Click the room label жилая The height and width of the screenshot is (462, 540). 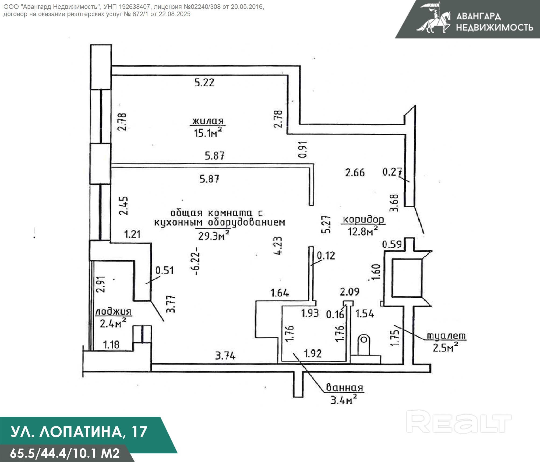coord(208,121)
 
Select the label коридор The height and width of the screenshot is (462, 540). coord(363,220)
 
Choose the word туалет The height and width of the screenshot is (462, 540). coord(446,336)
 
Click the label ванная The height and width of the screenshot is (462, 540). coord(344,388)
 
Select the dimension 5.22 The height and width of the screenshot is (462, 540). coord(204,83)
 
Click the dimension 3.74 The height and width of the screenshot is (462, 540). coord(225,356)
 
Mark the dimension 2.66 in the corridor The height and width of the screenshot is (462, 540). coord(355,173)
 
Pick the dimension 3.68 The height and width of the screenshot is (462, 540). coord(395,203)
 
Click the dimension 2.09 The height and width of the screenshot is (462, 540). coord(350,292)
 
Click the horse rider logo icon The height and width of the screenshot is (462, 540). coord(433,18)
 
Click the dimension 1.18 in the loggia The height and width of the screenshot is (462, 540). coord(111,344)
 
